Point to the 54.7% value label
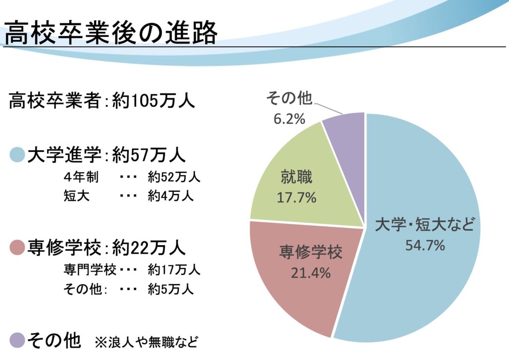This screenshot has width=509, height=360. [x=425, y=245]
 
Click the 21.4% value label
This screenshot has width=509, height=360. [x=311, y=272]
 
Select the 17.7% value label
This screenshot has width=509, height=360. [x=297, y=197]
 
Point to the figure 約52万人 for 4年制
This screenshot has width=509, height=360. [x=173, y=177]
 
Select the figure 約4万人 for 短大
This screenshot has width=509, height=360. [x=170, y=196]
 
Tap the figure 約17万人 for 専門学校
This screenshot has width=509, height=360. [x=173, y=270]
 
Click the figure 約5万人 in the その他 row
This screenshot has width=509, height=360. [x=170, y=289]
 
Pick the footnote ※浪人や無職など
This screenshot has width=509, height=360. [x=146, y=342]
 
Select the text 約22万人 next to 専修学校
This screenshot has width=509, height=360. [x=149, y=247]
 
